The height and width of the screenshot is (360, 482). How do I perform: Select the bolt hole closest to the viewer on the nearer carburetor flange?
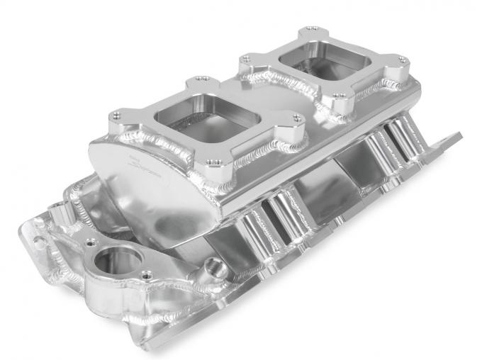(x=209, y=162)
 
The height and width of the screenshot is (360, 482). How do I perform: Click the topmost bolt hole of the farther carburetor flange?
(x=310, y=30)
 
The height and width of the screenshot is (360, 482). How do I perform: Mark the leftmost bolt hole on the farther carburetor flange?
(x=244, y=59)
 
